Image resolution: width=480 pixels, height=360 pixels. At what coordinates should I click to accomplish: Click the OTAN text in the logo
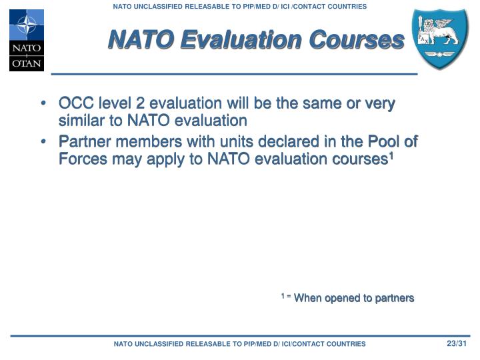click(x=26, y=64)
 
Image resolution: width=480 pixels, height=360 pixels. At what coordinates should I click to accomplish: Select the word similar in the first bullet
click(x=81, y=121)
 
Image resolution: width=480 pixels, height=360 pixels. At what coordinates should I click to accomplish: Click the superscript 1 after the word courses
click(x=391, y=156)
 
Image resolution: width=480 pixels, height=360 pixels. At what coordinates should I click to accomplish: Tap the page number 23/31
click(x=457, y=343)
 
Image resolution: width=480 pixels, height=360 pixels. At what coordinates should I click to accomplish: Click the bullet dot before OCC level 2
click(x=43, y=105)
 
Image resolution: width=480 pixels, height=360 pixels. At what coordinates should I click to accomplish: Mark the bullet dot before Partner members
click(x=43, y=143)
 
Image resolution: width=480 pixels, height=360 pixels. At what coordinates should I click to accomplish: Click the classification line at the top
click(x=239, y=6)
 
